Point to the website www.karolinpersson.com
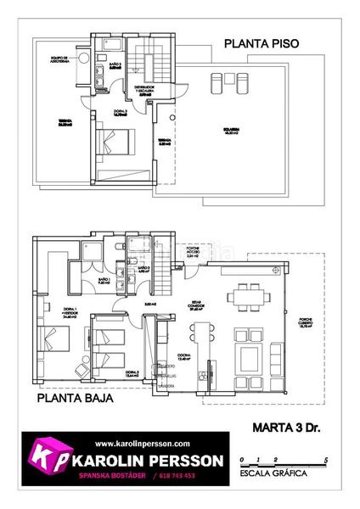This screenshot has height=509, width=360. [x=142, y=444]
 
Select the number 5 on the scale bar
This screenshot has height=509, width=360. [x=326, y=459]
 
